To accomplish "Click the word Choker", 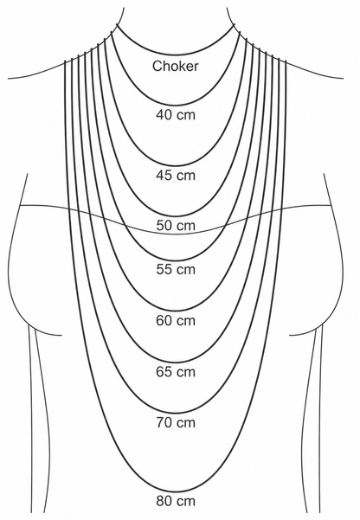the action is click(176, 66).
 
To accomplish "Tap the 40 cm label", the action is click(176, 115).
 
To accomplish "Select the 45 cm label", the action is click(176, 175).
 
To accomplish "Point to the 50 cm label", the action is click(176, 226).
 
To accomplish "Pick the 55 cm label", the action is click(176, 269).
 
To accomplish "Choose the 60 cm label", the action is click(176, 321).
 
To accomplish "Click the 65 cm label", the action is click(176, 372).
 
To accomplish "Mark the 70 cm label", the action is click(176, 423).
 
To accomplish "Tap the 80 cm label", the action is click(176, 501).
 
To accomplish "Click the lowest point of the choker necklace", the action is click(176, 53).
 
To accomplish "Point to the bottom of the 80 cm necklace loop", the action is click(176, 491).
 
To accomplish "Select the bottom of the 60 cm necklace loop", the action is click(176, 311).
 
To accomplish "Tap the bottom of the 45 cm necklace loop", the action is click(176, 165).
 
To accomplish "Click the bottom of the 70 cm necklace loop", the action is click(176, 414).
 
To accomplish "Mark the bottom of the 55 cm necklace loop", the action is click(176, 260).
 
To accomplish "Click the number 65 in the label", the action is click(163, 372).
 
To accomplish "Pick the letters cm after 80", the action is click(186, 501).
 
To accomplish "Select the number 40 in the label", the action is click(163, 115).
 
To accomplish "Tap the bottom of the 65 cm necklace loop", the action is click(176, 363).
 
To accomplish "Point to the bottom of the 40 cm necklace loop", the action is click(176, 105).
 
